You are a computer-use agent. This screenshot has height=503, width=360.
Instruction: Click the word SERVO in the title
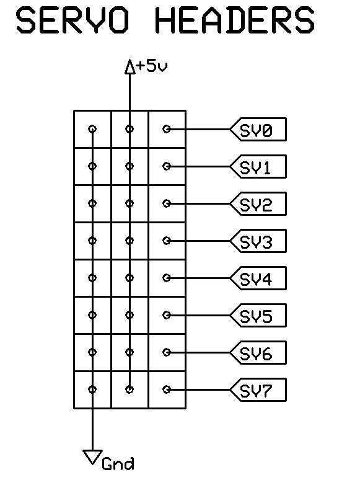pos(72,21)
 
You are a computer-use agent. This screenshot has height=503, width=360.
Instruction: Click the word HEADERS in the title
pos(235,21)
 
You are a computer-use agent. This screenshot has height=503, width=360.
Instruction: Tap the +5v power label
pos(152,66)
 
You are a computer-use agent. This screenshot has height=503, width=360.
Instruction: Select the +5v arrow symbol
pos(130,67)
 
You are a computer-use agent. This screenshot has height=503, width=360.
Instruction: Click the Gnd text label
pos(118,464)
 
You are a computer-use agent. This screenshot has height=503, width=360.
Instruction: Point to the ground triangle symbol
pos(93,457)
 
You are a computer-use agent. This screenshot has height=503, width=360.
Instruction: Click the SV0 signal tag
pos(258,129)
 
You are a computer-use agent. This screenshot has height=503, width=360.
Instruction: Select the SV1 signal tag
pos(258,166)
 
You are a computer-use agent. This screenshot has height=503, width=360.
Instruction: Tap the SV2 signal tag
pos(258,203)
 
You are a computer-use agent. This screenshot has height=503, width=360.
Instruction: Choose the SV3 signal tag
pos(258,241)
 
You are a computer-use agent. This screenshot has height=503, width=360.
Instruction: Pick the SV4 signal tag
pos(258,278)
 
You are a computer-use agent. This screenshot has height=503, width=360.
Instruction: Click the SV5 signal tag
pos(258,315)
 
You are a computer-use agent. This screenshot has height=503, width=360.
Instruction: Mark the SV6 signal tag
pos(258,352)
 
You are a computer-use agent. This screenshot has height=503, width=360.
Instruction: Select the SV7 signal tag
pos(258,389)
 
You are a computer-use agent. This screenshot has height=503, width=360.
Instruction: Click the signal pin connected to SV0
pos(167,129)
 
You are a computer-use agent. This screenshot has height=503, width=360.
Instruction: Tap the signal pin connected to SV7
pos(167,389)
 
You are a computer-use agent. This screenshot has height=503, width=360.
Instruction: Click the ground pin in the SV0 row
pos(92,129)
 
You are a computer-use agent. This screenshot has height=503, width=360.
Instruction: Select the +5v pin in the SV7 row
pos(130,389)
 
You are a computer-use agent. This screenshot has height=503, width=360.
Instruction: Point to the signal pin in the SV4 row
pos(167,278)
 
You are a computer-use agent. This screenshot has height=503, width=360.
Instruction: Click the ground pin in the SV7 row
pos(92,389)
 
